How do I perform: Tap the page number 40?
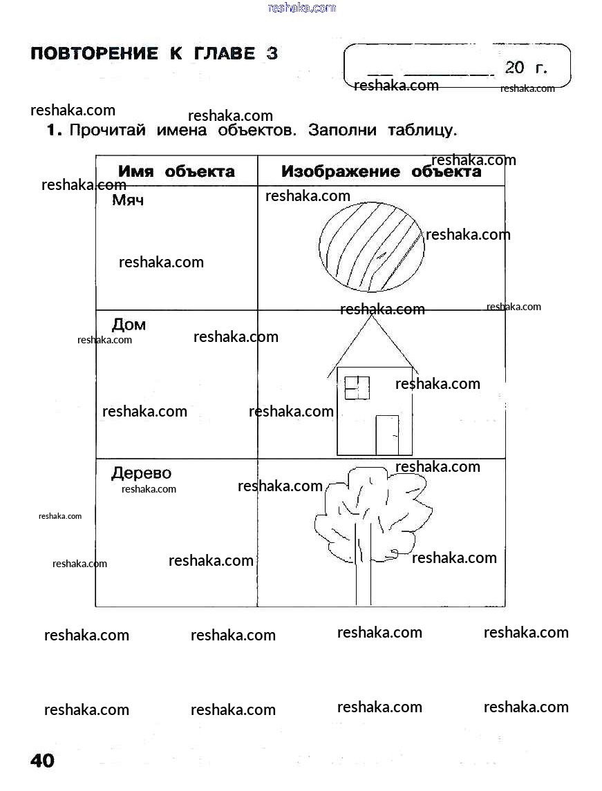point(42,761)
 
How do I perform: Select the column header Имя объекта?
point(176,171)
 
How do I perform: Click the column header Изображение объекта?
point(381,171)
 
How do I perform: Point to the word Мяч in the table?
point(128,201)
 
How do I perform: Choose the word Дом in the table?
point(129,325)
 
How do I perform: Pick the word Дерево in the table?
point(141,473)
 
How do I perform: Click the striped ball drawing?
point(371,246)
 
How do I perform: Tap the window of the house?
point(357,388)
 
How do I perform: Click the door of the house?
point(387,435)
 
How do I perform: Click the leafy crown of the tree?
point(373,508)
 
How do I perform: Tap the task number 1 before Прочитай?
point(54,131)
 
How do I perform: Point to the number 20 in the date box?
point(515,67)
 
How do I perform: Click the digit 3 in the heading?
point(272,54)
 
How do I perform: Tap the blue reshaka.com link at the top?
point(301,8)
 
